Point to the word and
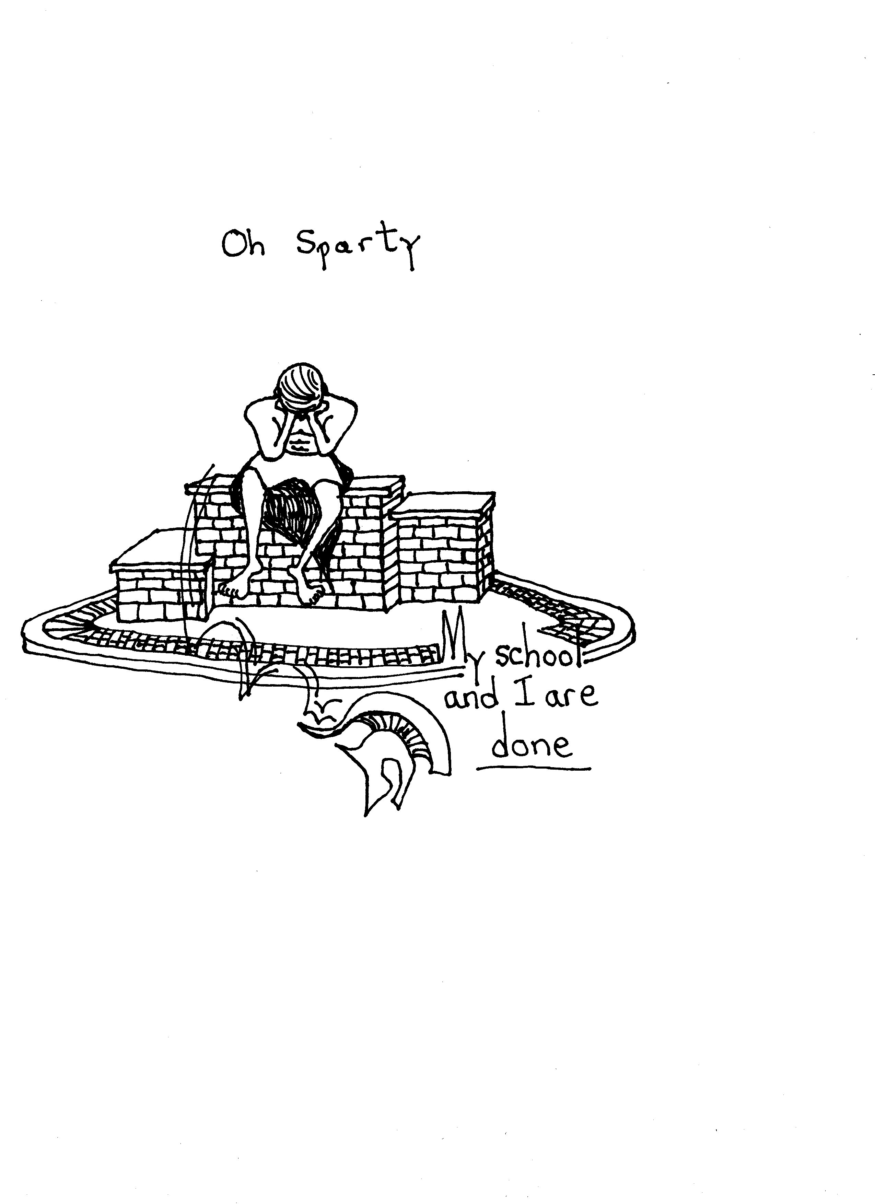(470, 697)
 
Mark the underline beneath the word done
(534, 767)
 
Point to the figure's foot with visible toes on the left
(234, 588)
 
